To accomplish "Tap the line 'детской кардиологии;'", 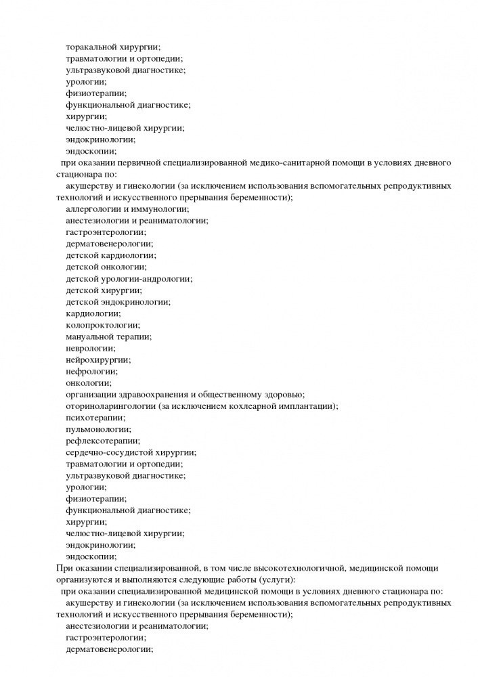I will click(x=110, y=255).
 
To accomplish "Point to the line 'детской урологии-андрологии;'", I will click(x=129, y=278).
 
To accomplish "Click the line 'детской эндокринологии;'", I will click(x=118, y=302).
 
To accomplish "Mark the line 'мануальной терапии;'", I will click(x=108, y=336).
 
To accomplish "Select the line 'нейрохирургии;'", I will click(x=98, y=359).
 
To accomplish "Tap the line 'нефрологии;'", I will click(x=91, y=371).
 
